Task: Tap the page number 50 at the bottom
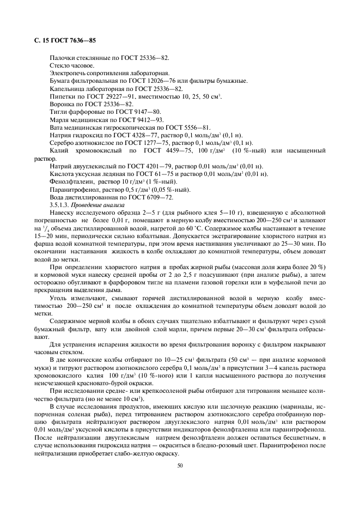click(x=180, y=465)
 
